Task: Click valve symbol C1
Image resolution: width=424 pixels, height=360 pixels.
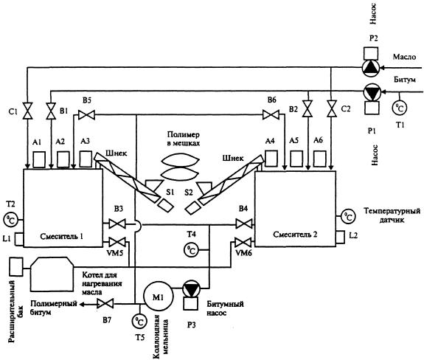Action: (x=27, y=111)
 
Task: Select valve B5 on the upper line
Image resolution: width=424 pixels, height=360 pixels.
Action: (x=86, y=114)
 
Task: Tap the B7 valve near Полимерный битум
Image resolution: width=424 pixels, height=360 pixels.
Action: (x=105, y=304)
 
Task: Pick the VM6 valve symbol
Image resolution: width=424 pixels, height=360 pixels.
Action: (x=243, y=242)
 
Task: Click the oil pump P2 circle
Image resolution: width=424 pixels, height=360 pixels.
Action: (x=371, y=68)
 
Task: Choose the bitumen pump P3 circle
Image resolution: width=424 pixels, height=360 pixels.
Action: (x=191, y=288)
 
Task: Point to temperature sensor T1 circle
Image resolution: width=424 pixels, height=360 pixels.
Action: (x=400, y=108)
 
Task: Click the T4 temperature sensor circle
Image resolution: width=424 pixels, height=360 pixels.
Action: (x=192, y=250)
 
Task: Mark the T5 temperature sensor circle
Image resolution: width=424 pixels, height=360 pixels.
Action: (x=139, y=321)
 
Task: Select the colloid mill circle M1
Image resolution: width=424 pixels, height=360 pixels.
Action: (x=158, y=297)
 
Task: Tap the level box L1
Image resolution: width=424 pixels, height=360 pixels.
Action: (x=19, y=239)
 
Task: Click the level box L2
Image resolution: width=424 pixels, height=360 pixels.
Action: (x=340, y=238)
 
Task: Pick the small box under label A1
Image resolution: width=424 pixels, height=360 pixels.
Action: (x=39, y=159)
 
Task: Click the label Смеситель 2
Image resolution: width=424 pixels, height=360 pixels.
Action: (x=295, y=235)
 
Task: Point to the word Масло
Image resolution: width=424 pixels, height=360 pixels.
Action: (x=404, y=57)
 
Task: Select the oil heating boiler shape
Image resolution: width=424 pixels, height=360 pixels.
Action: (x=52, y=274)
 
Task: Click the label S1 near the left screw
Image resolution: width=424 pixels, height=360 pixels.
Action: (x=170, y=192)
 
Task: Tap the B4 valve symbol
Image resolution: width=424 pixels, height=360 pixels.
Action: (x=244, y=224)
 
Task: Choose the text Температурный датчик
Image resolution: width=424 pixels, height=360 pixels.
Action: (x=392, y=215)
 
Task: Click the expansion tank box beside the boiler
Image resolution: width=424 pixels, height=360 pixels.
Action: (x=16, y=266)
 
